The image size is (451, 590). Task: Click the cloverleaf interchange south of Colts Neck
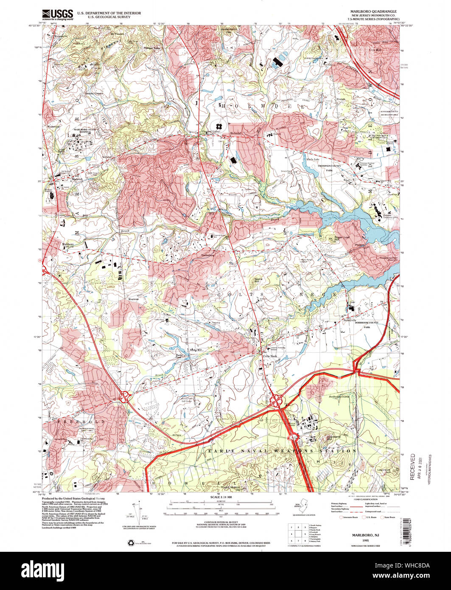[276, 400]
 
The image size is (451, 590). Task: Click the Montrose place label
[134, 300]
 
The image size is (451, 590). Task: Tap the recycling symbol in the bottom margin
[131, 542]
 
